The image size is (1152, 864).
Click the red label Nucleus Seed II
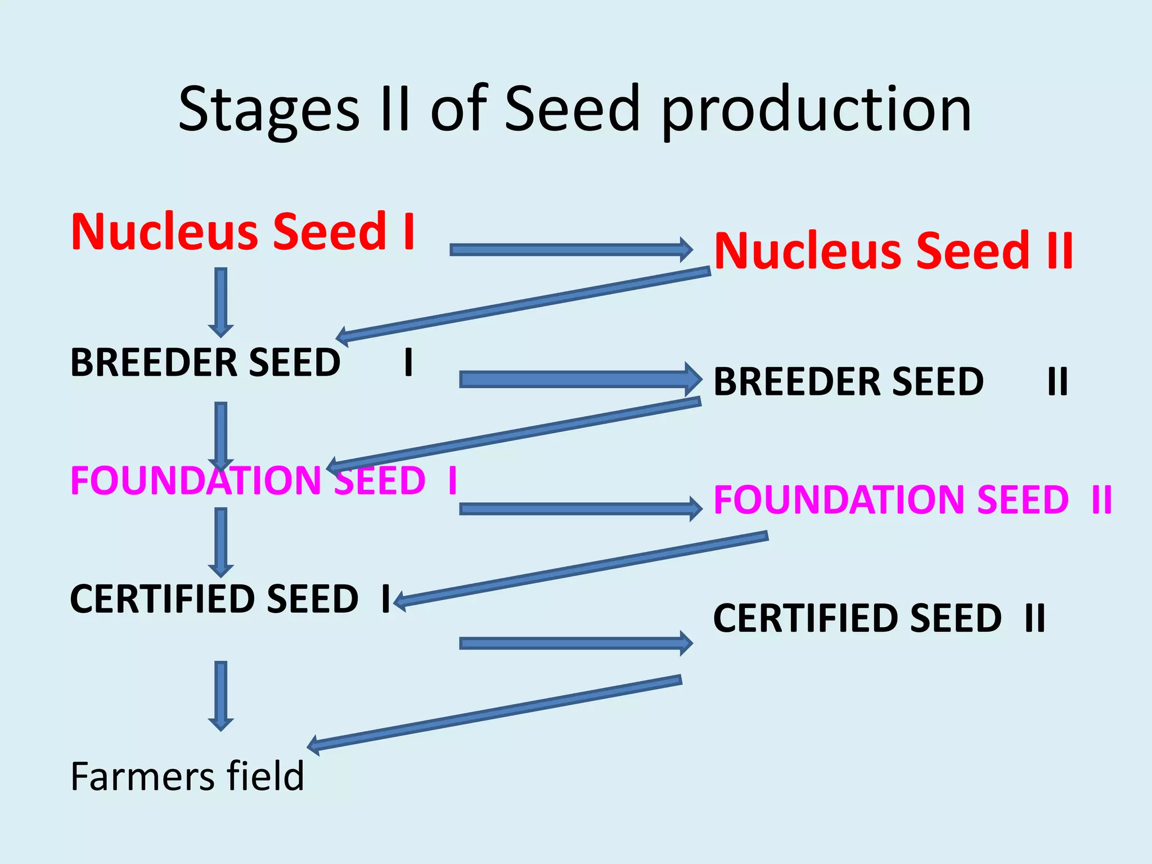click(x=894, y=251)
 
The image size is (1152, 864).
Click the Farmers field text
click(x=187, y=777)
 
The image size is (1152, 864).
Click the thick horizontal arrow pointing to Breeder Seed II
click(x=579, y=380)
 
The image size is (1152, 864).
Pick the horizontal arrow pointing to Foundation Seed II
click(x=579, y=509)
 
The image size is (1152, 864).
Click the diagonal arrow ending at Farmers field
click(x=495, y=713)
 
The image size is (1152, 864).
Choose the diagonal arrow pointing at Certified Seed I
click(x=579, y=568)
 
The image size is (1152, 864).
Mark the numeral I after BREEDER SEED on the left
click(x=409, y=362)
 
